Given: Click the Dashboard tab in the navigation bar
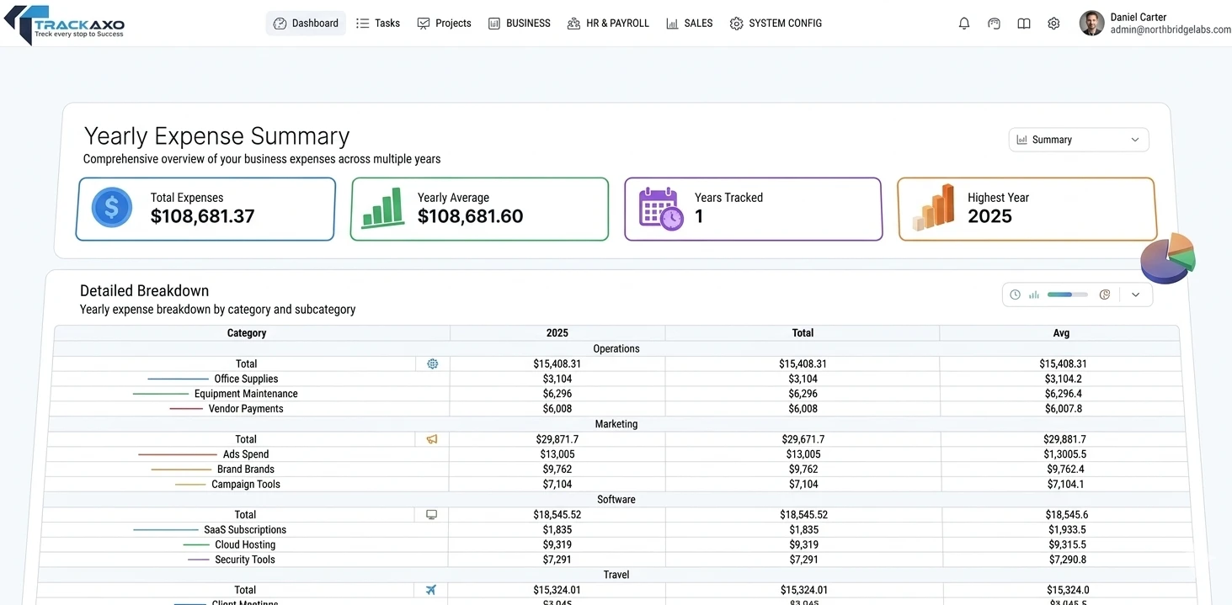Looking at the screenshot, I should [306, 24].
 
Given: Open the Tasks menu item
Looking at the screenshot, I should [378, 24].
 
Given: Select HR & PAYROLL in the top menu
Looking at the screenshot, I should [608, 24].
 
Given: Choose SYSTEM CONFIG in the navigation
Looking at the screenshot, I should [776, 24].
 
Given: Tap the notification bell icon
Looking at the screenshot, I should [964, 24].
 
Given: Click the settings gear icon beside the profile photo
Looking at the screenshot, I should [1053, 24].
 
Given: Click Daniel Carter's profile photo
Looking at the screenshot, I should [1091, 24].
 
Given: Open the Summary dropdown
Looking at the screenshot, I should [1078, 140].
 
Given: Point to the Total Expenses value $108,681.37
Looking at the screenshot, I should [202, 216].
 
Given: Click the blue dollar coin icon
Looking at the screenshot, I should [112, 208].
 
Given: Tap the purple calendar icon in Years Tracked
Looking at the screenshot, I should [660, 209].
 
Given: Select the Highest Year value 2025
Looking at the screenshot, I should [989, 216].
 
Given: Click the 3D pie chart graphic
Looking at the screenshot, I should [1168, 258].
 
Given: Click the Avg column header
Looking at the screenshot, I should [1061, 333].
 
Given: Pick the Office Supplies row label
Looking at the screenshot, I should [246, 379].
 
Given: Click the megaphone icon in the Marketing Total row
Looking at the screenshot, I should [432, 439].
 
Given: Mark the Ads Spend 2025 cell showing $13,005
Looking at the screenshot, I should [557, 454].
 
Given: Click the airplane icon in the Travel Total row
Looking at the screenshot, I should [432, 590].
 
